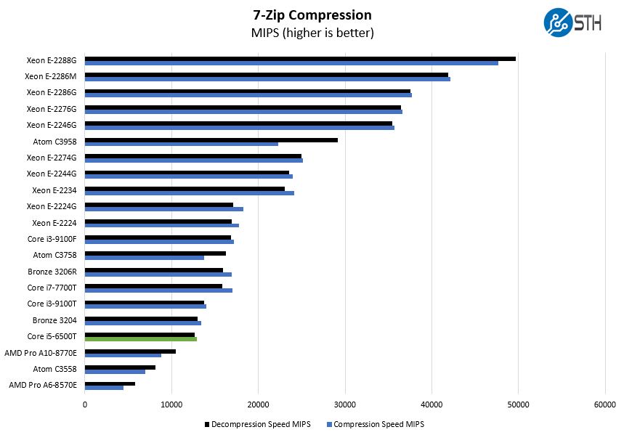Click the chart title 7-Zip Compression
coord(312,15)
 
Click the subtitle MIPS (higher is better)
coord(312,33)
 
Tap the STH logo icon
coord(557,22)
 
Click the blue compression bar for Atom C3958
coord(182,144)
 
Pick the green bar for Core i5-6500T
coord(141,339)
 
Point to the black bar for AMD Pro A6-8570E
coord(110,383)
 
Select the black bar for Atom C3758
coord(155,253)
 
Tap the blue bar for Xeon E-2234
coord(190,192)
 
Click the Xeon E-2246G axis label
coord(52,125)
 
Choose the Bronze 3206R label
coord(54,272)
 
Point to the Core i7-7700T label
coord(52,288)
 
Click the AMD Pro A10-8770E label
coord(46,353)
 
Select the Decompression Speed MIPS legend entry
coord(258,424)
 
